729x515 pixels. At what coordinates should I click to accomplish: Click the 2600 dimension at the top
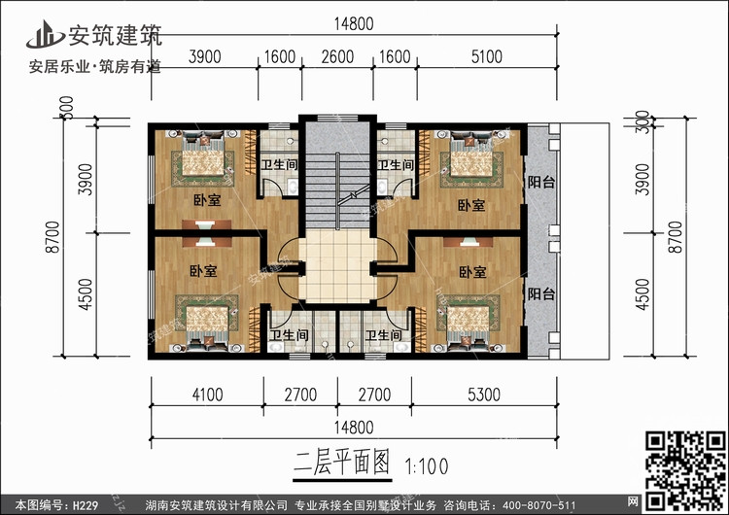pos(336,56)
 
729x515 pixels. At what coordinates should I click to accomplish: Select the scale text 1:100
pos(420,464)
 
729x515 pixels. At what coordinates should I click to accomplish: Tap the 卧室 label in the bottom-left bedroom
pos(203,270)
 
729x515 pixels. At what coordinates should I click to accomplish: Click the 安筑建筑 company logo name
pos(114,34)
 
